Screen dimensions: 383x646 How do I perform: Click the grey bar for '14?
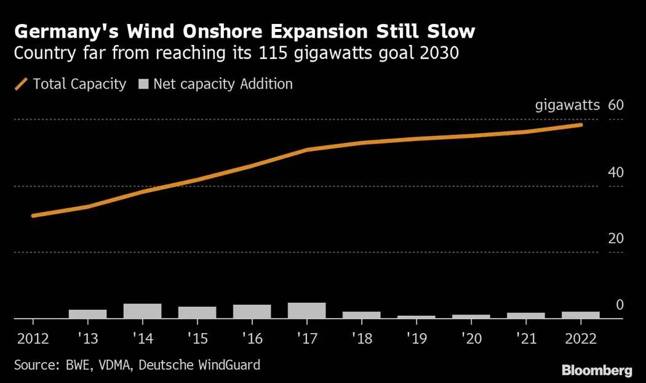coord(142,311)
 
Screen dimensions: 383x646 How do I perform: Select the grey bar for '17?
coord(306,310)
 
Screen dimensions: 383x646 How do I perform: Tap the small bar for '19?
coord(416,317)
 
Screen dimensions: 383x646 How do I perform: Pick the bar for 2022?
coord(580,315)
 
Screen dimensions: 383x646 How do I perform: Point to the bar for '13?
coord(87,314)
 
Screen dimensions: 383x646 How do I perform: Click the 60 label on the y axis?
coord(615,105)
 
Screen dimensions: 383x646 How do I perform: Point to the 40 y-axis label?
coord(615,172)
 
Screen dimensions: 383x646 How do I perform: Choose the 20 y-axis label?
coord(615,239)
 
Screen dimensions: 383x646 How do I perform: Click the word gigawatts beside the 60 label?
coord(567,105)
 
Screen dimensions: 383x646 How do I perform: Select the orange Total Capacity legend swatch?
coord(22,84)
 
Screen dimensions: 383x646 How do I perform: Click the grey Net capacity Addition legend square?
coord(143,84)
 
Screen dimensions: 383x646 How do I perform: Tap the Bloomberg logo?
coord(597,370)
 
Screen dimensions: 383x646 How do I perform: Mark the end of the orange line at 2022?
coord(581,125)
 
